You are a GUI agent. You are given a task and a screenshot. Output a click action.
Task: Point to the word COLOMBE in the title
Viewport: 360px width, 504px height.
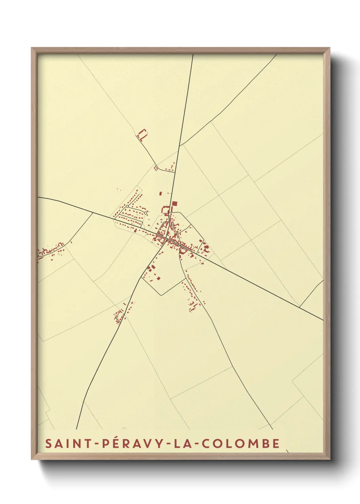(241, 443)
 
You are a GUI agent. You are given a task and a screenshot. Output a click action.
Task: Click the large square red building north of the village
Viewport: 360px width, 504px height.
(175, 204)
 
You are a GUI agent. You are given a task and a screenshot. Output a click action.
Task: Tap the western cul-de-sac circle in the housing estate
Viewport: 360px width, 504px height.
(127, 206)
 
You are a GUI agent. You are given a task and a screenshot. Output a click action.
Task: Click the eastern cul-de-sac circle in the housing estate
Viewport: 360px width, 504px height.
(146, 213)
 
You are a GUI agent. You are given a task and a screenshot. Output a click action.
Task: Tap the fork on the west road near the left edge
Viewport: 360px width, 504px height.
(93, 213)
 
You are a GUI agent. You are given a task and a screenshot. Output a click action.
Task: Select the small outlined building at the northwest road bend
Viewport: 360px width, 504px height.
(156, 168)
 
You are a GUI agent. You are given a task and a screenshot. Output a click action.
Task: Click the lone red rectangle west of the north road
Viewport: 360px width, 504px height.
(161, 193)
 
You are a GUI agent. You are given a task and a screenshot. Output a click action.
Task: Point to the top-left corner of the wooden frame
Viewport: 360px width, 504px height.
(31, 48)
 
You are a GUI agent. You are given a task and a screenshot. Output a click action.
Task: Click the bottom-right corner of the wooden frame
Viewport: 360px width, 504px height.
(330, 459)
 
